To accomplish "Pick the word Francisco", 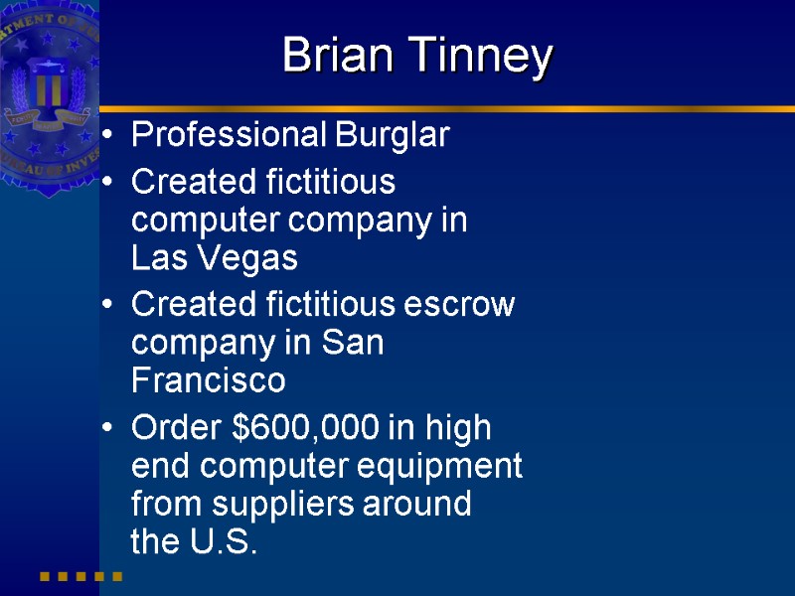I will [208, 380].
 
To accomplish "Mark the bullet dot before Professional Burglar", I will [107, 136].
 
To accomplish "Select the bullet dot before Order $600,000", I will [107, 429].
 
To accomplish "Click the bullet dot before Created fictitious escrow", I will [107, 306].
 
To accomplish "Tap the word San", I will [355, 344].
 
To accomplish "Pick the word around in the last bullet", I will [421, 504].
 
